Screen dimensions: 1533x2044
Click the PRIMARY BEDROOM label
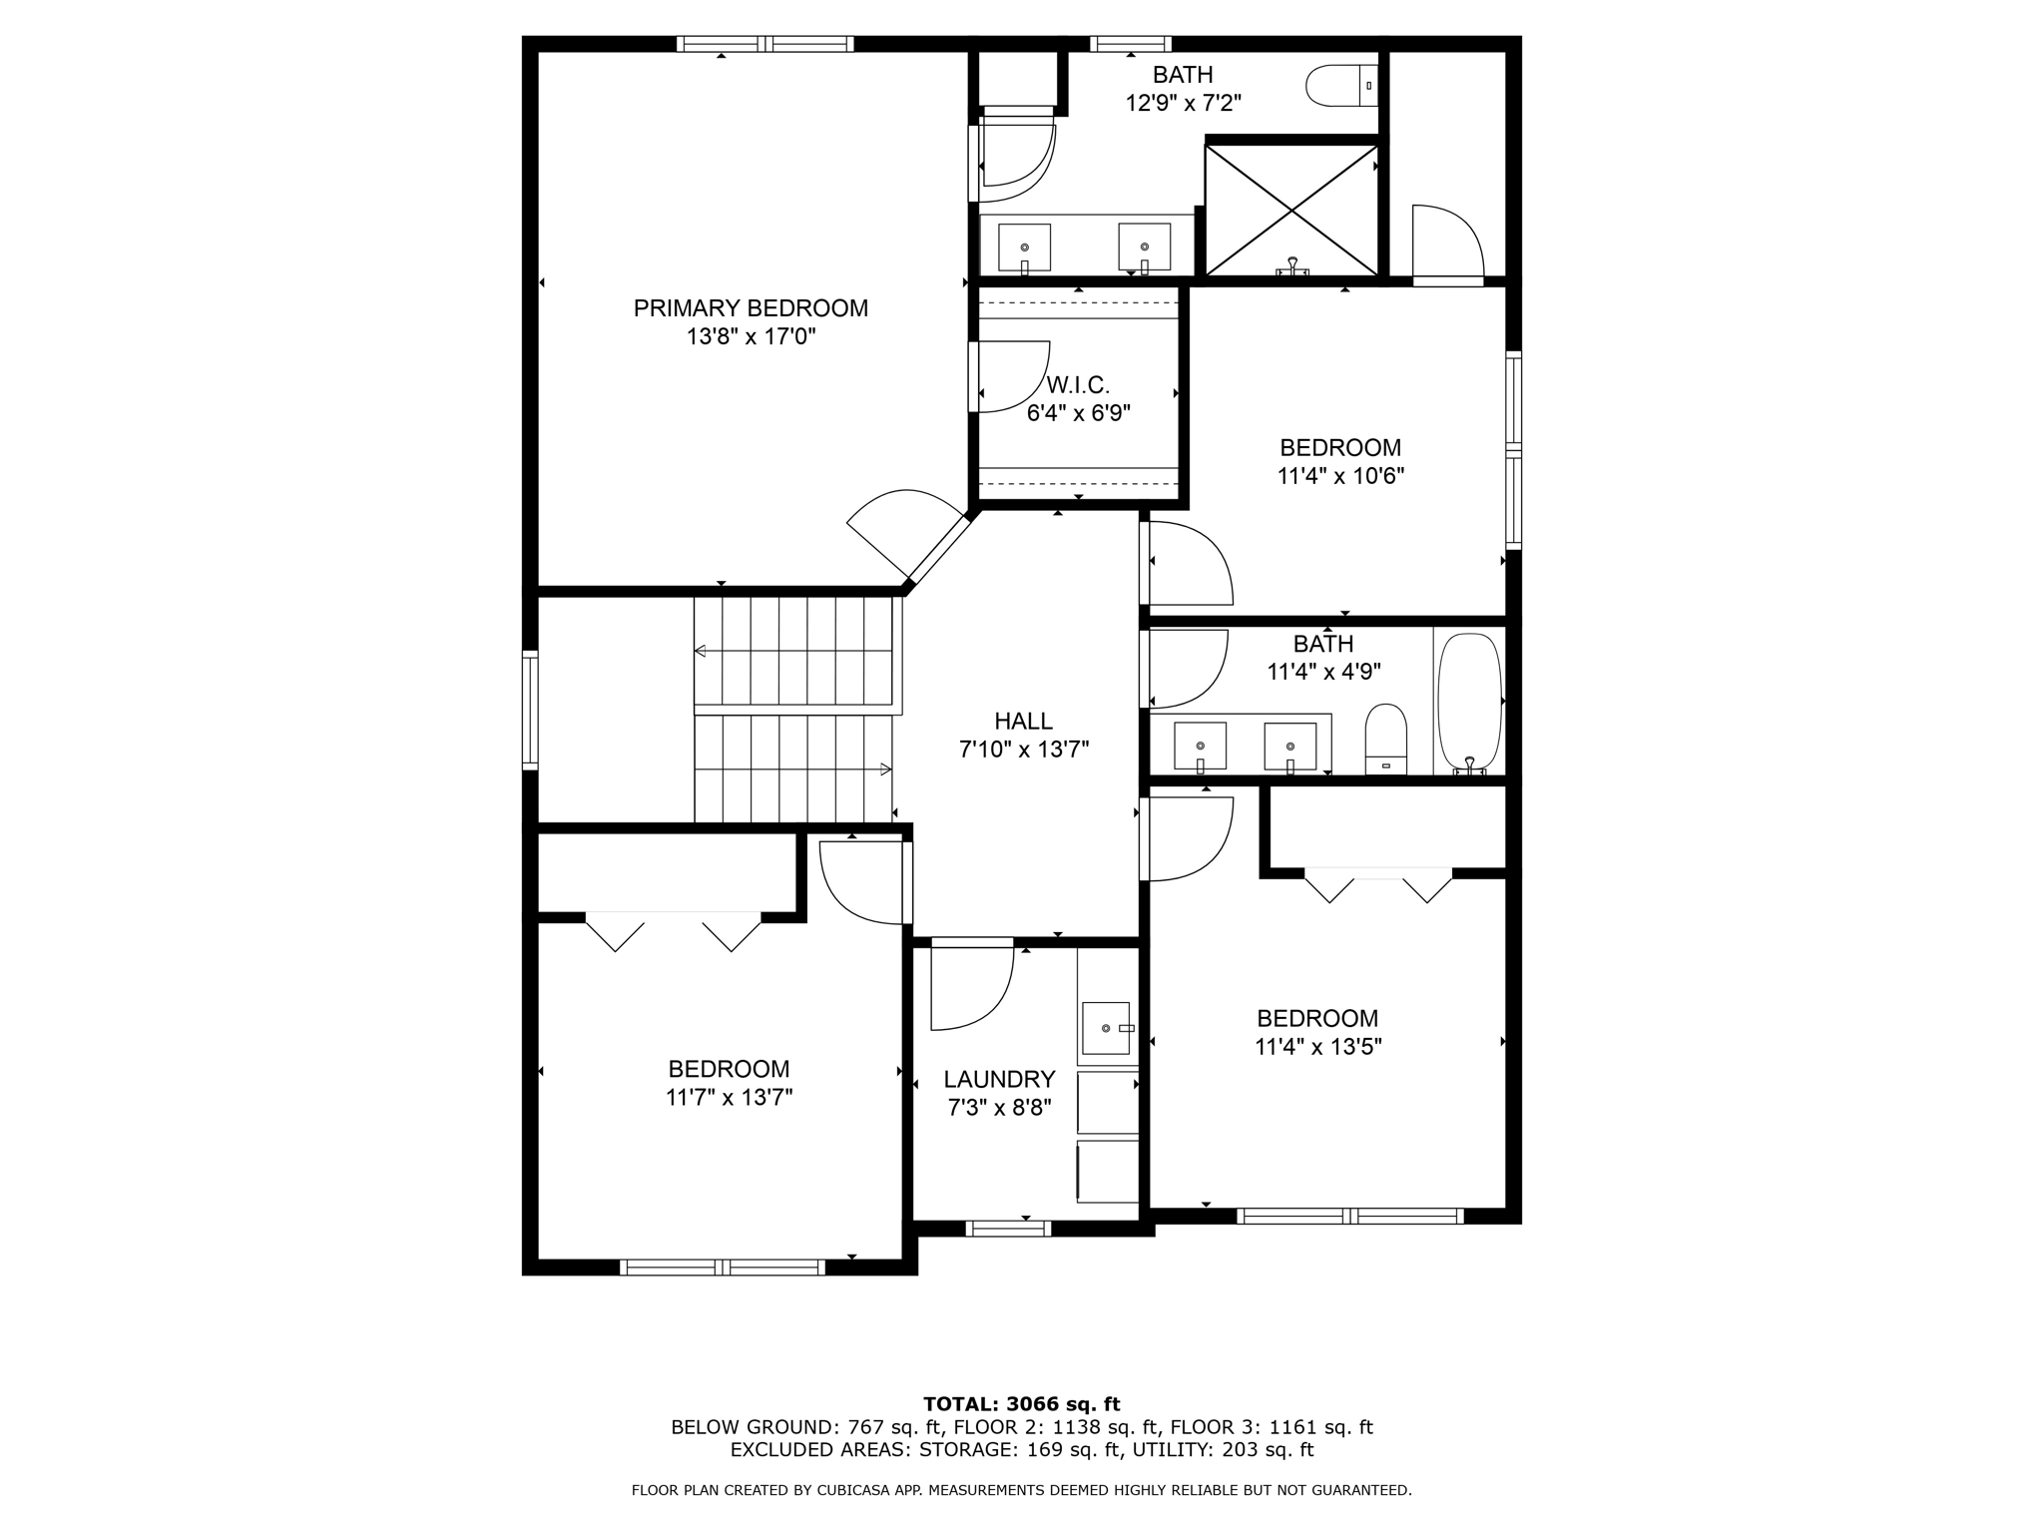point(751,308)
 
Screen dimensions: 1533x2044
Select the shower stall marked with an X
point(1291,210)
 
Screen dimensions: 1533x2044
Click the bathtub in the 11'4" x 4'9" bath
point(1469,703)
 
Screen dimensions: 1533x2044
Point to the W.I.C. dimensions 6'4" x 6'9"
point(1078,413)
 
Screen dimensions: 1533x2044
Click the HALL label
point(1023,721)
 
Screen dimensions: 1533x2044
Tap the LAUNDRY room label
point(999,1079)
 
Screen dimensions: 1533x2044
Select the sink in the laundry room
point(1106,1028)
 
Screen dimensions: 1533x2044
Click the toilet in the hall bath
point(1385,739)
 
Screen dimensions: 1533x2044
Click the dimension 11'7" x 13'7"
point(729,1098)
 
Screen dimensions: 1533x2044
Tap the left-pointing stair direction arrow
point(701,652)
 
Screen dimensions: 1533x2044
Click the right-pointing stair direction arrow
point(885,768)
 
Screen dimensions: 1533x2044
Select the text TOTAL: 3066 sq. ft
point(1021,1404)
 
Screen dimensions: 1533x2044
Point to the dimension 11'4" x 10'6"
point(1340,476)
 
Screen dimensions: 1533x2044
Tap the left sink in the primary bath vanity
point(1024,248)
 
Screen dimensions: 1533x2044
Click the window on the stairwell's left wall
point(530,710)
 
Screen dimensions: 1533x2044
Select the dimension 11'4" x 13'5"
point(1317,1047)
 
